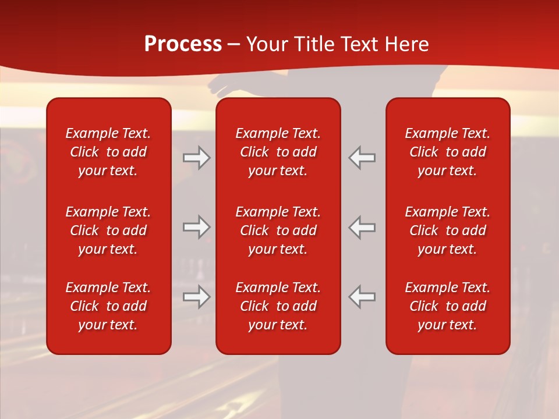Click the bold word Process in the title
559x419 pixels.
click(183, 44)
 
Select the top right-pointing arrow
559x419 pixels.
click(197, 158)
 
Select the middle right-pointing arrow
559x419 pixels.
click(197, 227)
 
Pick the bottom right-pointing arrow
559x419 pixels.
click(197, 297)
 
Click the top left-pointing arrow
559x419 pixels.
click(362, 158)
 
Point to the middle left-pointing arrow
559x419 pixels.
click(362, 227)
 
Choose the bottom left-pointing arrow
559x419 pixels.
click(362, 297)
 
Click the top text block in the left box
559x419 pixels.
click(108, 152)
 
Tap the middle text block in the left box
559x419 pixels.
click(108, 230)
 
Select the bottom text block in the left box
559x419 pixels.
click(108, 306)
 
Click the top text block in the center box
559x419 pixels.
click(278, 152)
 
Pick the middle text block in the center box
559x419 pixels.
click(278, 230)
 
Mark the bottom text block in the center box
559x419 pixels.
click(278, 306)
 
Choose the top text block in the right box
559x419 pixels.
click(447, 152)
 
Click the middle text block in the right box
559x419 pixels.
click(447, 230)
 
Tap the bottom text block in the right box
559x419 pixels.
click(447, 306)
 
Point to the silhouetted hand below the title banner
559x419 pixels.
click(221, 86)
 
